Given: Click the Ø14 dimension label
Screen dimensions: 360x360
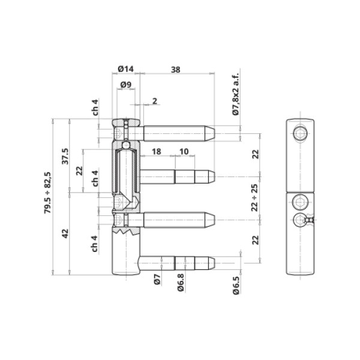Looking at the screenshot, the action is pos(125,68).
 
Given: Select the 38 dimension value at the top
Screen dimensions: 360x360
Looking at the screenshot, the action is pos(176,70).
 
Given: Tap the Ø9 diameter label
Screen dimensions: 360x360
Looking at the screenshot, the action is pos(126,85).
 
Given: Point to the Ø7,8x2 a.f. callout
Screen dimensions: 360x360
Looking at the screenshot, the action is pos(236,94).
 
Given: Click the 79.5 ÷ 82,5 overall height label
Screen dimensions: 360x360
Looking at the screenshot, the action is pos(48,193).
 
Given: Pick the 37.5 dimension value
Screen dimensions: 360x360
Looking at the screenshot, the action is pos(65,156).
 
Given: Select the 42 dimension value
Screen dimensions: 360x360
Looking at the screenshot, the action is pos(65,233).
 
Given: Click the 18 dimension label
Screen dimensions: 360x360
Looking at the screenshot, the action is pos(157,152).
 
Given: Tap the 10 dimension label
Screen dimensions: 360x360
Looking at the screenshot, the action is pos(184,152).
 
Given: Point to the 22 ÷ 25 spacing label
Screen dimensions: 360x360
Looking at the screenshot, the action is pos(254,197).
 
